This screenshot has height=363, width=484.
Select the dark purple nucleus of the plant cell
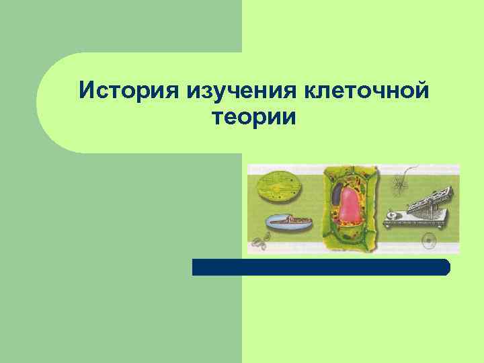(x=336, y=195)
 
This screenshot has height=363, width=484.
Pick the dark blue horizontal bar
(x=321, y=267)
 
